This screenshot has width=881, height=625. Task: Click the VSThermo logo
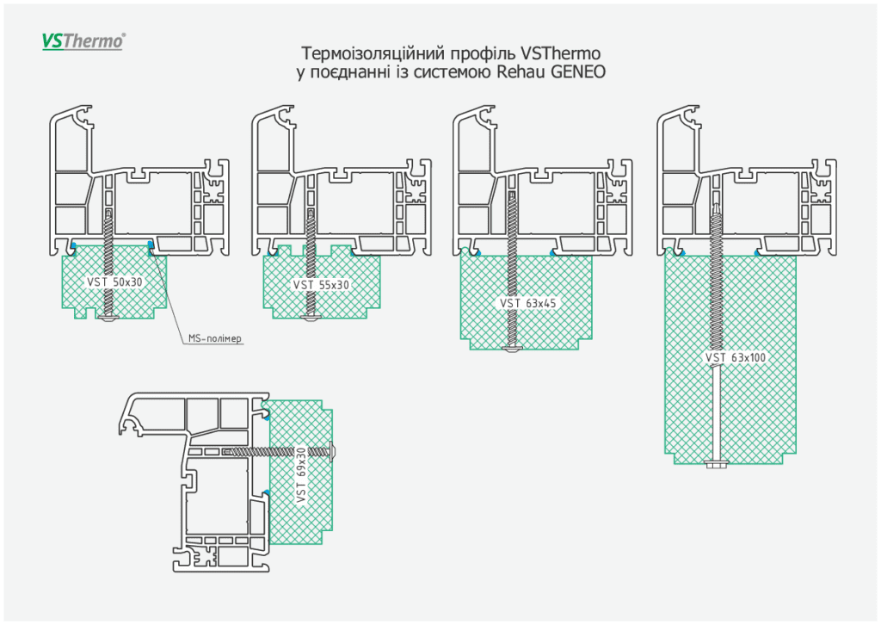pyautogui.click(x=83, y=41)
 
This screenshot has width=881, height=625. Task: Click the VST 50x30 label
pyautogui.click(x=114, y=282)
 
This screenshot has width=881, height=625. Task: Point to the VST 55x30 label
pyautogui.click(x=321, y=285)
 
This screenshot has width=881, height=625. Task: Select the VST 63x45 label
pyautogui.click(x=527, y=304)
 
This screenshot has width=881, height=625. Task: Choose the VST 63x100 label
pyautogui.click(x=736, y=357)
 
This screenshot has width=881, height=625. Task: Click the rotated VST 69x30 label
pyautogui.click(x=301, y=475)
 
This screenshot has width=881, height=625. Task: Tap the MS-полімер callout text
pyautogui.click(x=214, y=338)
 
